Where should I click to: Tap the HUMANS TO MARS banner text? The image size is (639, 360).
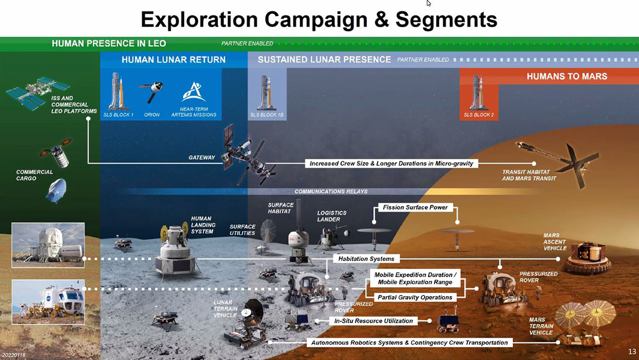click(x=567, y=76)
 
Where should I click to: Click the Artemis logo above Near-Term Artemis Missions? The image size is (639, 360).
click(x=194, y=92)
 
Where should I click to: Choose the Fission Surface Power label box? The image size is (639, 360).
click(x=415, y=207)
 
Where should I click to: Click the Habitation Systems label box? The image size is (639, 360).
click(x=366, y=259)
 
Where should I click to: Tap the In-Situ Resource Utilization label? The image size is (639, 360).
click(x=373, y=321)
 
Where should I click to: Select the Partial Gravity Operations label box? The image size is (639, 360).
click(x=415, y=297)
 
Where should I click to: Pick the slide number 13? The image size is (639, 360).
click(x=632, y=351)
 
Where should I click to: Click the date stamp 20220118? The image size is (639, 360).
click(x=14, y=355)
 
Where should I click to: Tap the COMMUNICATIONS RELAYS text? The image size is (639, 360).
click(x=331, y=192)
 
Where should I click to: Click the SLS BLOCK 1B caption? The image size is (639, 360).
click(x=267, y=114)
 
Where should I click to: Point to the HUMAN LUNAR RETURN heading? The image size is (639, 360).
click(x=174, y=60)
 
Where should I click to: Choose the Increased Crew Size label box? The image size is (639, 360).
click(x=391, y=163)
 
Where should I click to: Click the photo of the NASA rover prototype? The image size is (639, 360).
click(x=48, y=302)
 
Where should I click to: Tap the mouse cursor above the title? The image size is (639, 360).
click(x=429, y=3)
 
